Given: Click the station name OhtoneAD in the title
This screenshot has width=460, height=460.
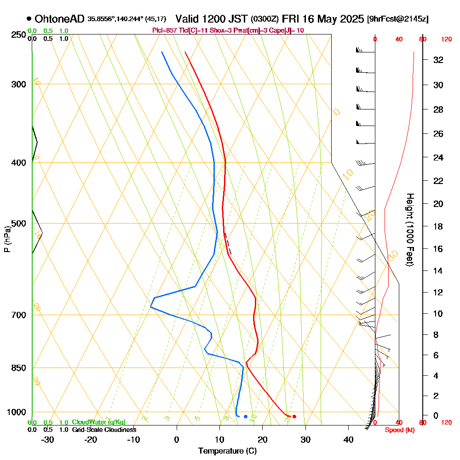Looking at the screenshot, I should click(x=60, y=19).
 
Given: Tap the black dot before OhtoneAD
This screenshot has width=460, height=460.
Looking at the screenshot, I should click(x=29, y=19).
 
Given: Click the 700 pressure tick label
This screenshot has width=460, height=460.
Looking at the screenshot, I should click(x=17, y=315).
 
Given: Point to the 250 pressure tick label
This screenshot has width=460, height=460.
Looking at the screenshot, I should click(x=17, y=34).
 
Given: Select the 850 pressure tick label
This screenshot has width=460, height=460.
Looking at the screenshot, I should click(x=17, y=368).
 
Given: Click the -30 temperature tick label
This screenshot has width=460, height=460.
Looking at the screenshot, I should click(x=48, y=439).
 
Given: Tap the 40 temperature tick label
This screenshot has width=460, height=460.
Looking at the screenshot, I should click(x=348, y=439).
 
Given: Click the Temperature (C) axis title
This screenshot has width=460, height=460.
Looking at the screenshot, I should click(x=227, y=451).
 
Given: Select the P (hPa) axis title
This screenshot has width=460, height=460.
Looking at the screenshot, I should click(x=7, y=239).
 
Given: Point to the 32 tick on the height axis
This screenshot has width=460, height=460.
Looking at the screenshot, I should click(x=438, y=60).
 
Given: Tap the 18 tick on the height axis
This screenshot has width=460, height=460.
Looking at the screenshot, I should click(x=438, y=226).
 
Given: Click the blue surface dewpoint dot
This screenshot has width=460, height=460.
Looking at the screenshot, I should click(x=246, y=417).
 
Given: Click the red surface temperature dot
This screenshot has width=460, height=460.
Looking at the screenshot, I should click(x=294, y=417).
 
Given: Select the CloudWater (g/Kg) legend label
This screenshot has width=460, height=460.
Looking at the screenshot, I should click(x=98, y=422).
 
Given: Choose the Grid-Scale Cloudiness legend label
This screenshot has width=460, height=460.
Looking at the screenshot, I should click(x=104, y=430).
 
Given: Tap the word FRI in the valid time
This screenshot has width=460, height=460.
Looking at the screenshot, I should click(x=292, y=19).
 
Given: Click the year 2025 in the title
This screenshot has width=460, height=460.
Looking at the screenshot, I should click(x=349, y=19).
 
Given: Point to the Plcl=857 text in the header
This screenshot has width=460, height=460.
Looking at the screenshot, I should click(x=164, y=30).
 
